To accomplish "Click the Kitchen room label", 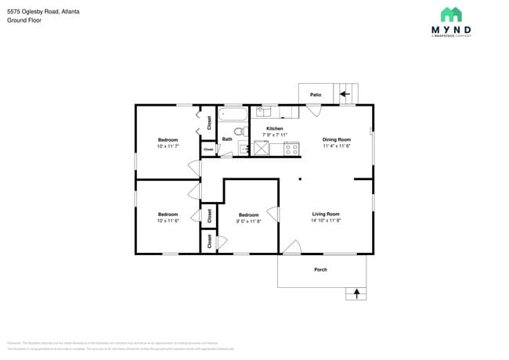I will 274,128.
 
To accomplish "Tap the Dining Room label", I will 336,140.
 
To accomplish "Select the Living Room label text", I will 326,214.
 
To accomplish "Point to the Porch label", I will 320,270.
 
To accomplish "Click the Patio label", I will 316,95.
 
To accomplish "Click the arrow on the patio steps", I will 344,95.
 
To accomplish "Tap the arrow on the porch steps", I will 356,293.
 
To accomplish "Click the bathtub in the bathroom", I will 233,113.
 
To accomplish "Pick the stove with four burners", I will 291,148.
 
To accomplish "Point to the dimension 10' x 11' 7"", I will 168,146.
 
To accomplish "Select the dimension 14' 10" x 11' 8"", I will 326,221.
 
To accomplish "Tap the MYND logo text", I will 451,31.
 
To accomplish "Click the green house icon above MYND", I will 451,14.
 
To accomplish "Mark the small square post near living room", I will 300,179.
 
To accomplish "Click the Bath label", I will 227,139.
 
